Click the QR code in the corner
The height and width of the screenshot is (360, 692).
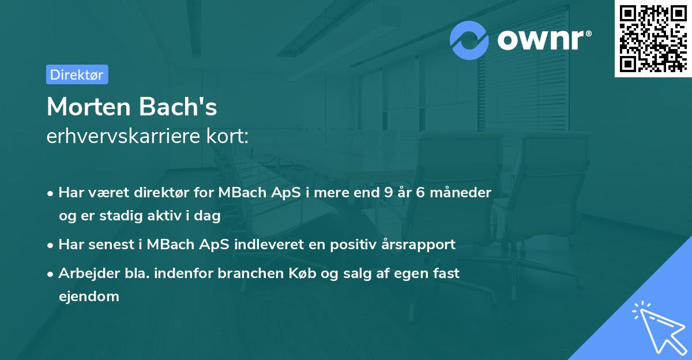pos(653,39)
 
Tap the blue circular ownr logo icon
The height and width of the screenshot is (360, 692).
pos(469,40)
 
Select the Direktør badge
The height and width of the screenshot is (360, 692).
pos(77,74)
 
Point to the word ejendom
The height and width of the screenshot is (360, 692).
pos(89,297)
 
